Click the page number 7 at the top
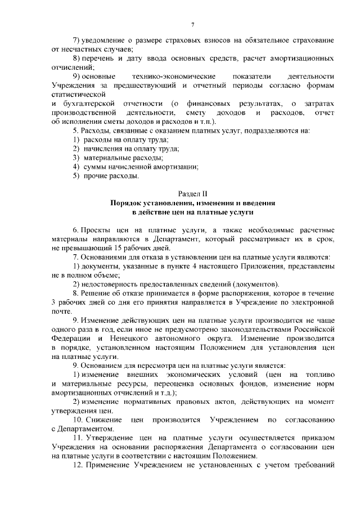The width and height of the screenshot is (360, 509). coord(192,24)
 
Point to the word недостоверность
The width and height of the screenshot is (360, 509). coord(115,283)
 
